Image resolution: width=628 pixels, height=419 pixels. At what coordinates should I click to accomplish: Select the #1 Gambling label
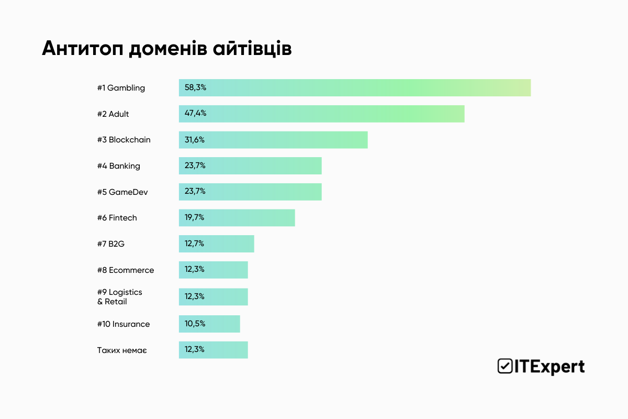pyautogui.click(x=121, y=88)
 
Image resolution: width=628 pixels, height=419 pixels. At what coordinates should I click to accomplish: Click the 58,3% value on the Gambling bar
pyautogui.click(x=195, y=87)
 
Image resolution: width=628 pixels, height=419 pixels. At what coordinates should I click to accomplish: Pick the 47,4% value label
pyautogui.click(x=195, y=114)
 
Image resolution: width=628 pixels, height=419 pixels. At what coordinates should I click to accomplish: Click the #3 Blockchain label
pyautogui.click(x=124, y=140)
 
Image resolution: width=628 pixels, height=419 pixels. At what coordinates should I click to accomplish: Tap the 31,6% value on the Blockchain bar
pyautogui.click(x=195, y=140)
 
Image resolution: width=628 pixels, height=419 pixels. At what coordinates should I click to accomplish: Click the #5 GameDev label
pyautogui.click(x=122, y=192)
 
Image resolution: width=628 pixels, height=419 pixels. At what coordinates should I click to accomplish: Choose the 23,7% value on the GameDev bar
pyautogui.click(x=195, y=192)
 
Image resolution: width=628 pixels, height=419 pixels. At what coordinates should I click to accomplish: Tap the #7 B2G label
pyautogui.click(x=110, y=244)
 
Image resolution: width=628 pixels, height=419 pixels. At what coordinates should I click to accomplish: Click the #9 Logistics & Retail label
pyautogui.click(x=119, y=297)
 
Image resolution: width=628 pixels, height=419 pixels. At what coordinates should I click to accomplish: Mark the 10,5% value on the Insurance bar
pyautogui.click(x=195, y=324)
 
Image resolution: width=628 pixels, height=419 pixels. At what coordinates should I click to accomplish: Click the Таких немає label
pyautogui.click(x=121, y=350)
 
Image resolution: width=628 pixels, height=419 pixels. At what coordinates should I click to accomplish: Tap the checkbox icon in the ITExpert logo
pyautogui.click(x=505, y=366)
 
